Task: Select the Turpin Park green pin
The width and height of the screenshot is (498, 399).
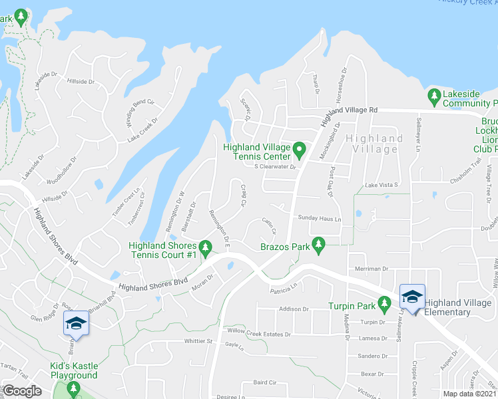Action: (384, 303)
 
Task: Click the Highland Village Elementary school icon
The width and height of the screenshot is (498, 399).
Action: (411, 297)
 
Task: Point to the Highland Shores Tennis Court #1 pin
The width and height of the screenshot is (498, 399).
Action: (206, 248)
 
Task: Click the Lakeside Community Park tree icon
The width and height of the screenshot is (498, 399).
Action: (434, 96)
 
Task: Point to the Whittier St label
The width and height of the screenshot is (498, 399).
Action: (198, 342)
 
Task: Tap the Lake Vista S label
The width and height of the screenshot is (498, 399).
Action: (381, 185)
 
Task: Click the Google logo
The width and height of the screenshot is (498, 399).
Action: (23, 392)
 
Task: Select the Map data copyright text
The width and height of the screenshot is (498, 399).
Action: (470, 394)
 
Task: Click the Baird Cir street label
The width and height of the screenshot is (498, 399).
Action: (264, 383)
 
